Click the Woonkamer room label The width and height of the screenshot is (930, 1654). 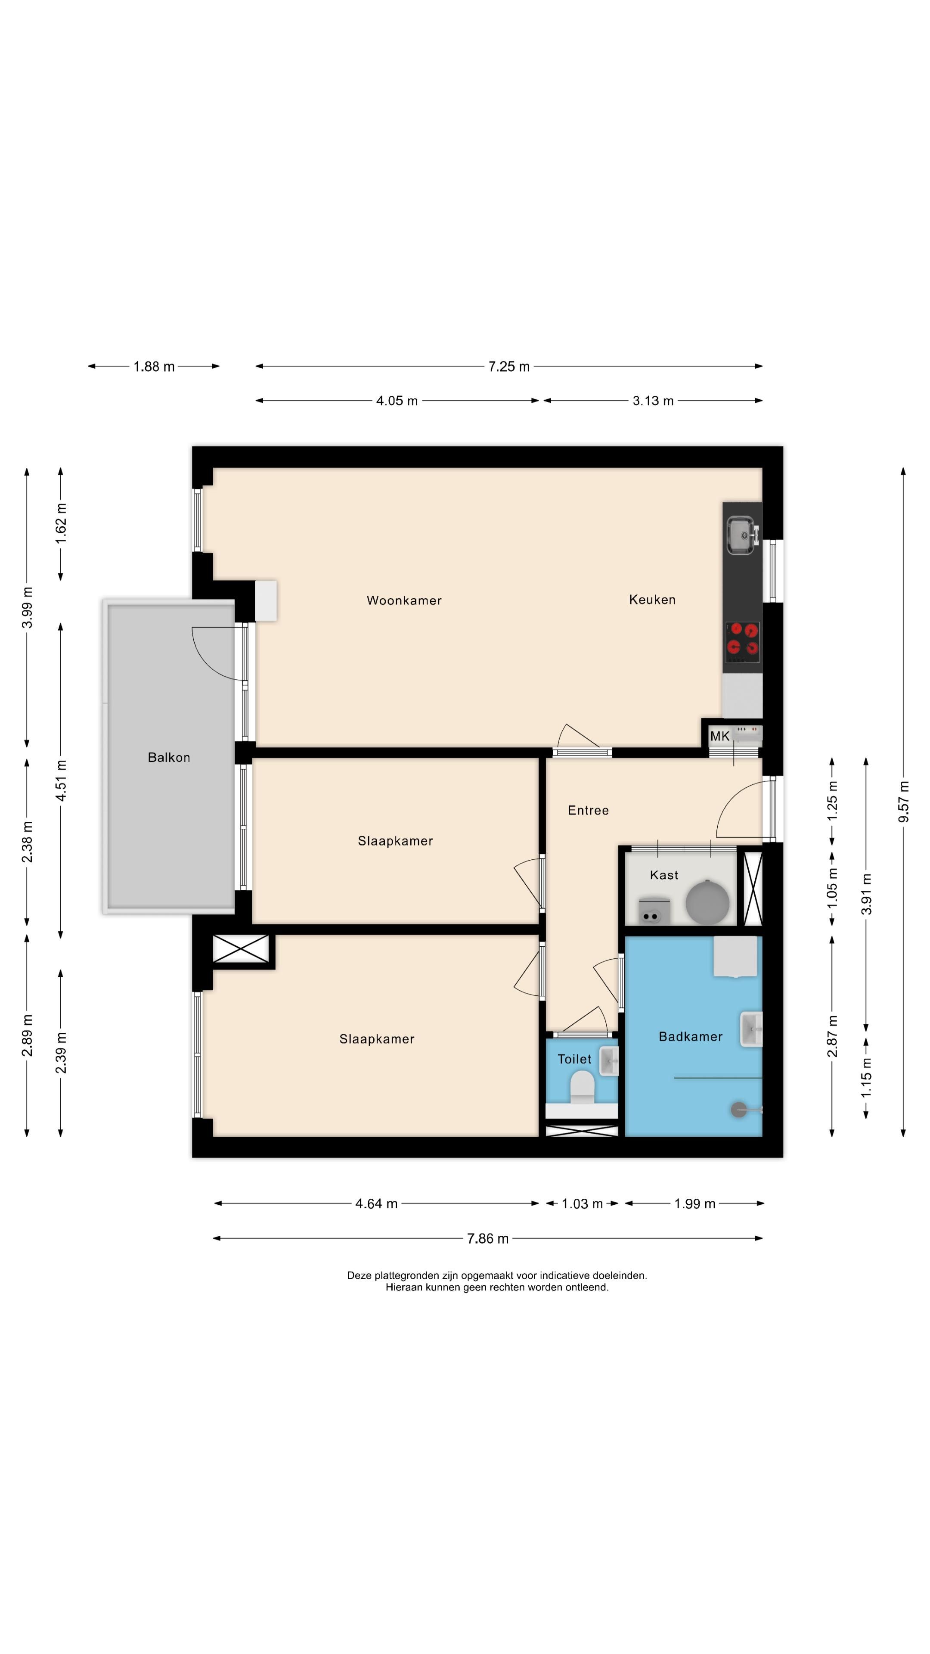404,600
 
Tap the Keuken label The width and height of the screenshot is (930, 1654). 652,600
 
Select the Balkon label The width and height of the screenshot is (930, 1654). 169,758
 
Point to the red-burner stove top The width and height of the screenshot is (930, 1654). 743,642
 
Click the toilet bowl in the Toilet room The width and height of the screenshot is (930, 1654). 582,1088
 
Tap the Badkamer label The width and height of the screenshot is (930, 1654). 691,1036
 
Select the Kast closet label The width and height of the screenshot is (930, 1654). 663,875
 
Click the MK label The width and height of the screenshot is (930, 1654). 719,737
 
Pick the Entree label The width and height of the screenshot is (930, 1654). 588,810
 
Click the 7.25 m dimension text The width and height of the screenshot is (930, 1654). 509,367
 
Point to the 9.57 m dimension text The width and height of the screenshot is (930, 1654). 904,801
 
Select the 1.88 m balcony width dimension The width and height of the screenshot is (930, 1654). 154,367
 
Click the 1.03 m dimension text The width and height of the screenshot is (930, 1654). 582,1204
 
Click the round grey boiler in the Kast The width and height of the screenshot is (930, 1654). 707,902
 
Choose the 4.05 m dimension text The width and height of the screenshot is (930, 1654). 397,401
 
